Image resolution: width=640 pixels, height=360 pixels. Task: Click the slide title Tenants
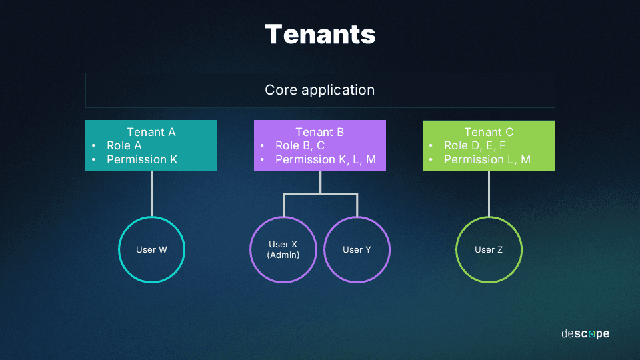click(x=320, y=34)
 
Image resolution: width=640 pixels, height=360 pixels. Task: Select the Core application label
click(x=320, y=90)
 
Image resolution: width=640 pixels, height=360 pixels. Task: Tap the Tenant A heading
click(x=151, y=132)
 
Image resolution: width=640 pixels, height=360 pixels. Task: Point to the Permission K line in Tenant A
click(x=142, y=159)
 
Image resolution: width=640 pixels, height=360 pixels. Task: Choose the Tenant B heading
click(x=320, y=132)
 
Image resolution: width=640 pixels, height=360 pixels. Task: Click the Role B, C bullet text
click(x=300, y=145)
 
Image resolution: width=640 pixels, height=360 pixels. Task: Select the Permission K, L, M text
click(x=325, y=159)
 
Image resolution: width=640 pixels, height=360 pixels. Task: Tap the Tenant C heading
click(x=489, y=132)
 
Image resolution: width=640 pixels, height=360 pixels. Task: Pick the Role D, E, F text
click(x=475, y=145)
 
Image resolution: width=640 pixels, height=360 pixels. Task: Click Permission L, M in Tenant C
click(x=487, y=159)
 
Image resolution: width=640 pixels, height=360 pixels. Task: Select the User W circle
click(x=151, y=250)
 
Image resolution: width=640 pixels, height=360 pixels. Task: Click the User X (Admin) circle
click(x=283, y=250)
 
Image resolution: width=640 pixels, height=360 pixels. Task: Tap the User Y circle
click(x=357, y=250)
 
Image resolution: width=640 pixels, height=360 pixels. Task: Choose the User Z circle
click(x=489, y=250)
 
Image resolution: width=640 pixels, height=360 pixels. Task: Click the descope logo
click(x=585, y=333)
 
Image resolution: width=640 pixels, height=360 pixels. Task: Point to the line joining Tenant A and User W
click(x=151, y=193)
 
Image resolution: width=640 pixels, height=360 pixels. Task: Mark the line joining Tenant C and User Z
click(x=489, y=193)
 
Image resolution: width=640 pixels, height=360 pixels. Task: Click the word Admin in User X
click(x=283, y=255)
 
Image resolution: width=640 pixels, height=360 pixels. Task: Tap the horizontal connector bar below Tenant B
click(x=320, y=194)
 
